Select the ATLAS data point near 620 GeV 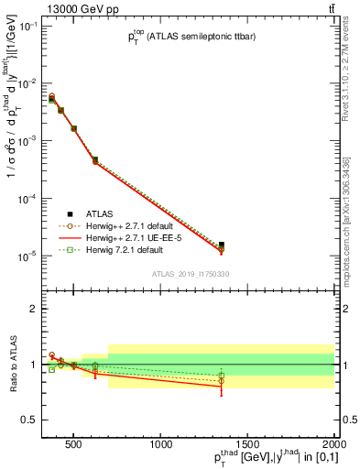pos(95,160)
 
